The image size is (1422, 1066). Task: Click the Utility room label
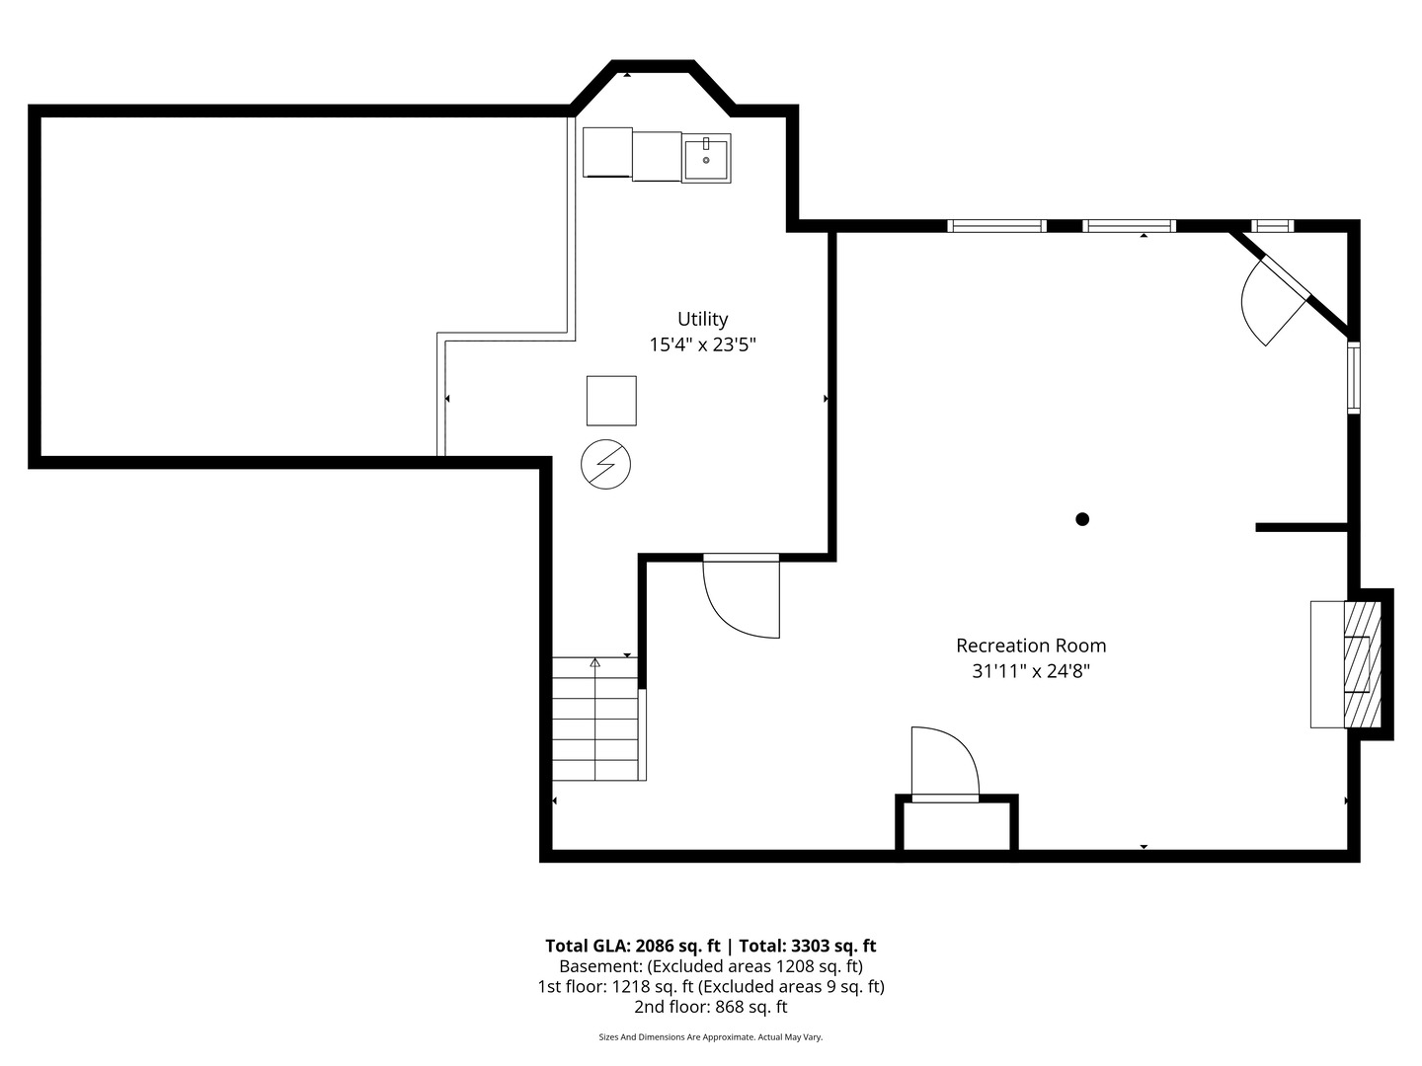(702, 319)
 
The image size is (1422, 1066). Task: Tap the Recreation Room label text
(1030, 646)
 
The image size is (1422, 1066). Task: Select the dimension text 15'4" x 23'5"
(702, 344)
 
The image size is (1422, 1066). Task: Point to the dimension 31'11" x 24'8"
(1030, 671)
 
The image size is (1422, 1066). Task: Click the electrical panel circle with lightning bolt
(605, 463)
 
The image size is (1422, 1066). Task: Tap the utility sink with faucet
(706, 159)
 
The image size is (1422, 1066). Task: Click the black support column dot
(1082, 519)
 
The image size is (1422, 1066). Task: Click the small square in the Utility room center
(611, 401)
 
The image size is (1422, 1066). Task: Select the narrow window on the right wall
(1354, 376)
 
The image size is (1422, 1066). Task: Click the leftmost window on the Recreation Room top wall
(996, 226)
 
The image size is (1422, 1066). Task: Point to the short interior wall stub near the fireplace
(1302, 528)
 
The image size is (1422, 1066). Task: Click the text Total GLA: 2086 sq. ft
(632, 946)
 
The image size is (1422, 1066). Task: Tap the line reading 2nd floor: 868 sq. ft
(710, 1008)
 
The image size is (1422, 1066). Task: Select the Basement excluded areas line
(710, 966)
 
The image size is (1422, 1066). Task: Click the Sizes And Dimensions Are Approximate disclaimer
(710, 1037)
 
